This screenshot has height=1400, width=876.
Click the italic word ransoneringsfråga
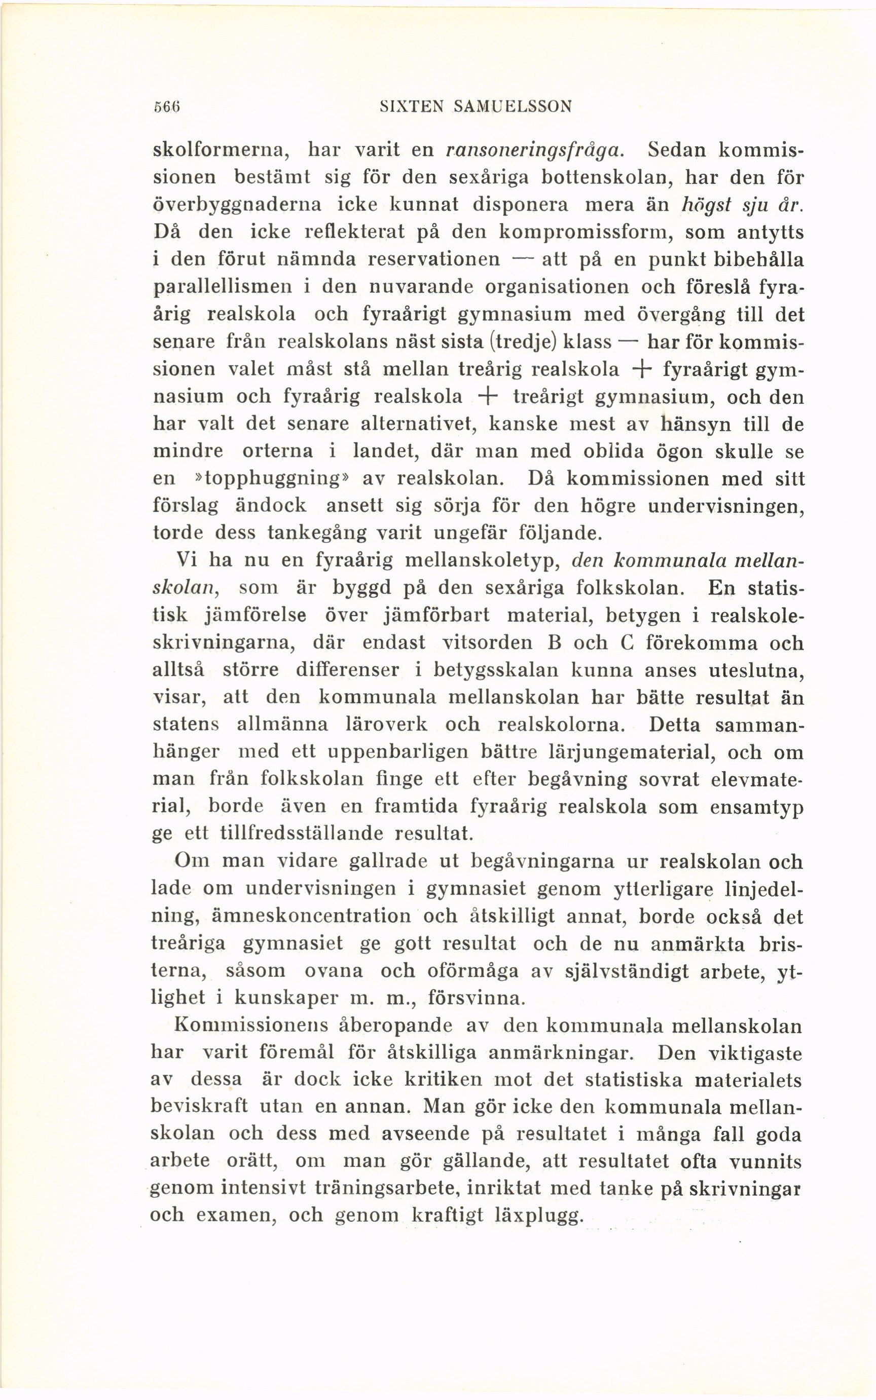[534, 150]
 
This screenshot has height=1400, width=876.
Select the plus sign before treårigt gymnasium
[488, 397]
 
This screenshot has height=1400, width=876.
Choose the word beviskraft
[199, 1106]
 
